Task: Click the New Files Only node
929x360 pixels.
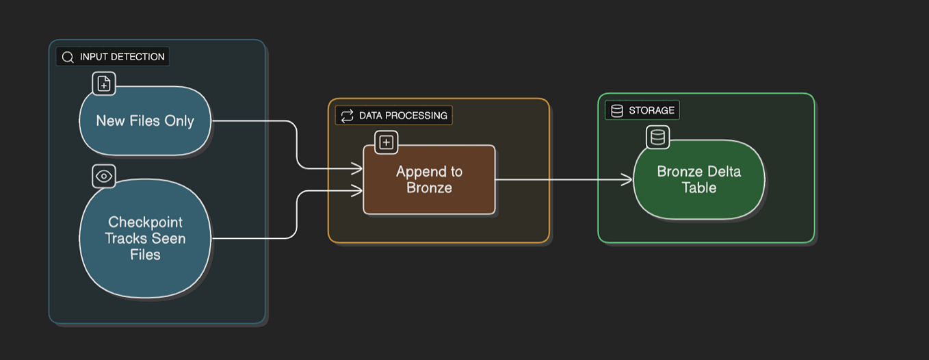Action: pyautogui.click(x=145, y=121)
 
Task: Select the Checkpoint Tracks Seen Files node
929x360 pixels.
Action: pyautogui.click(x=145, y=238)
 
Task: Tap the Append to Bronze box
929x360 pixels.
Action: pyautogui.click(x=429, y=179)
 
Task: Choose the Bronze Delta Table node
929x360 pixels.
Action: pyautogui.click(x=698, y=179)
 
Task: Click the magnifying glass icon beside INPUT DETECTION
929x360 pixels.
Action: pyautogui.click(x=68, y=57)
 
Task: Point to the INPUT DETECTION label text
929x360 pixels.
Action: pyautogui.click(x=122, y=57)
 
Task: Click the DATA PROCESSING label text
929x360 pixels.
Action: pyautogui.click(x=403, y=116)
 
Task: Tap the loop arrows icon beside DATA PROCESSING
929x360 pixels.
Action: pyautogui.click(x=347, y=116)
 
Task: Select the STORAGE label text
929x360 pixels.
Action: pyautogui.click(x=651, y=110)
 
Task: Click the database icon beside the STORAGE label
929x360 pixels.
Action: pyautogui.click(x=617, y=110)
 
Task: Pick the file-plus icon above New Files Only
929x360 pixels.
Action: pyautogui.click(x=104, y=84)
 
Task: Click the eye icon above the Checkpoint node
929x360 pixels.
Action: pyautogui.click(x=104, y=177)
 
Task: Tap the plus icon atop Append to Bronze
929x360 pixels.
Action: pyautogui.click(x=387, y=142)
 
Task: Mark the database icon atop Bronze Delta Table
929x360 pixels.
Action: pyautogui.click(x=657, y=138)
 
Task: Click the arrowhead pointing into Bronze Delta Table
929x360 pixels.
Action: pyautogui.click(x=628, y=179)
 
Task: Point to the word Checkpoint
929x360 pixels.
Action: pyautogui.click(x=145, y=222)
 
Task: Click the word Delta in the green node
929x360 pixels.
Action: pyautogui.click(x=723, y=171)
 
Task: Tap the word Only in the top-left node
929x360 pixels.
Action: pyautogui.click(x=179, y=121)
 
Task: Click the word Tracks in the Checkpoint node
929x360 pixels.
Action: pyautogui.click(x=125, y=239)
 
